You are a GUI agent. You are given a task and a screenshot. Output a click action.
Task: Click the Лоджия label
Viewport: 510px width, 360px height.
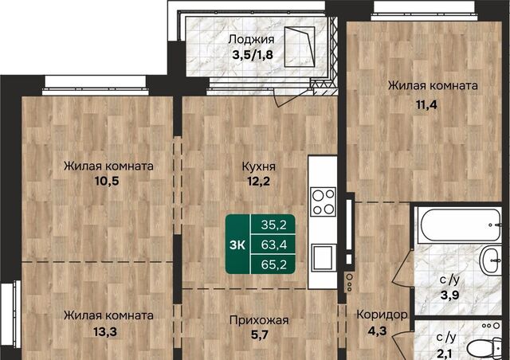(x=252, y=40)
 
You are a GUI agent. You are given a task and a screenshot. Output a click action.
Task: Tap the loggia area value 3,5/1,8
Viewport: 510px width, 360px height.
(x=253, y=55)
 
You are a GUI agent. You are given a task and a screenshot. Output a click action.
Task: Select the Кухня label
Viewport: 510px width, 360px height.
(x=259, y=166)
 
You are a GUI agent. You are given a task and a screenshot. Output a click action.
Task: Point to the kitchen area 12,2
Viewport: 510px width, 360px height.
(x=258, y=181)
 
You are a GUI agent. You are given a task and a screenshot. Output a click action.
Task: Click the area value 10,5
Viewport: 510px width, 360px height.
(x=107, y=181)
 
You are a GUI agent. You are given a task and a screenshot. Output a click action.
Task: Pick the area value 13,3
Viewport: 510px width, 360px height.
(x=105, y=332)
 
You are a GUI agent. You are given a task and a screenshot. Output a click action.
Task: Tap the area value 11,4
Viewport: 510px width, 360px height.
(x=426, y=104)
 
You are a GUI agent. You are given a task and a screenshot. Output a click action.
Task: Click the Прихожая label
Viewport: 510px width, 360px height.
(x=259, y=320)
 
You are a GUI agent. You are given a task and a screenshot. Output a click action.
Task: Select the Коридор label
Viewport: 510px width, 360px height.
(x=382, y=315)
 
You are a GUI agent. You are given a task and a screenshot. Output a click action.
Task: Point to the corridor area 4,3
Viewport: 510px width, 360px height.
(x=377, y=331)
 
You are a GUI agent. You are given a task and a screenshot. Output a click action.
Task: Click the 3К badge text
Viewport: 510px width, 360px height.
(x=237, y=245)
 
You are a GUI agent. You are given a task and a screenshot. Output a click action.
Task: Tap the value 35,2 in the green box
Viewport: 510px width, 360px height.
(x=273, y=225)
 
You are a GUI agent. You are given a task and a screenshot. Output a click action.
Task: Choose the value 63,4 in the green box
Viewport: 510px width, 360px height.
(x=273, y=245)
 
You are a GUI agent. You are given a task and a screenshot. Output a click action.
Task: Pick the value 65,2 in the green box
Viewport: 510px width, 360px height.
(x=273, y=264)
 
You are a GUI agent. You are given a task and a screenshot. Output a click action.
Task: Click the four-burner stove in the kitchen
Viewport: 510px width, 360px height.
(x=323, y=202)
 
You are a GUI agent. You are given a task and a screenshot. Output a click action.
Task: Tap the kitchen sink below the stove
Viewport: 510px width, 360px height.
(x=323, y=257)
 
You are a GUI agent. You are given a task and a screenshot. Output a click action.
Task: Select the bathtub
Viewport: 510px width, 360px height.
(x=460, y=225)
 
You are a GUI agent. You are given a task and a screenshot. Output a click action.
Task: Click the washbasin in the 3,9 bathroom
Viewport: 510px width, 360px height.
(x=491, y=260)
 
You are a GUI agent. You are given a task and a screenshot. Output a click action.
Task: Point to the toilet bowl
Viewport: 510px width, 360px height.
(x=484, y=348)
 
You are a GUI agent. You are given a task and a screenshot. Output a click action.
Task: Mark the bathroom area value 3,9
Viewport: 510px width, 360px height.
(x=449, y=295)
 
